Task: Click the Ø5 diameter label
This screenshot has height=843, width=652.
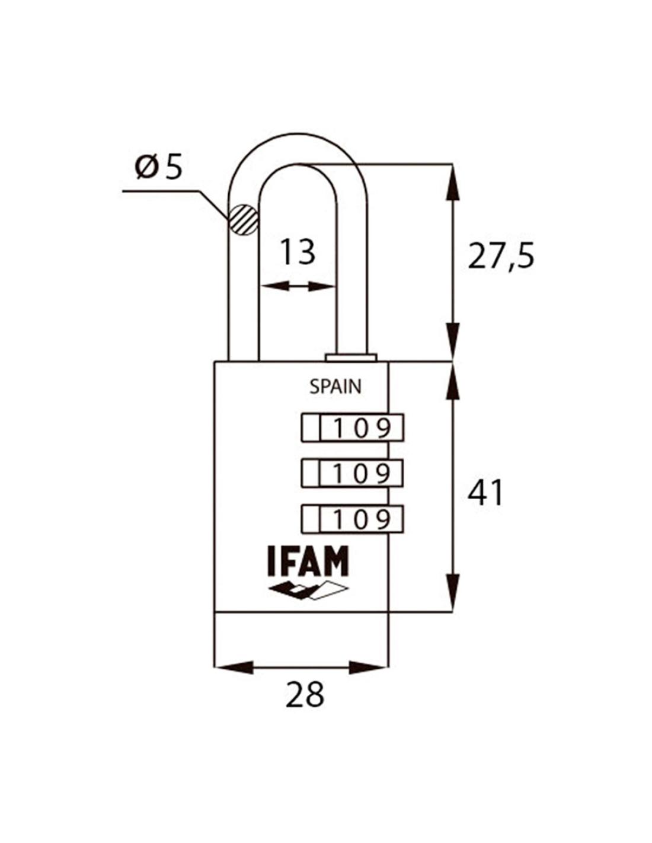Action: tap(158, 168)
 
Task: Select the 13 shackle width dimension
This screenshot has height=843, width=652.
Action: tap(297, 253)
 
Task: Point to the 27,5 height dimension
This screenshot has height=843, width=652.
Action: tap(501, 256)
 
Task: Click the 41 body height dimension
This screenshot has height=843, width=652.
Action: tap(485, 493)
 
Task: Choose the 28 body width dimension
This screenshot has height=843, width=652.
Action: tap(305, 694)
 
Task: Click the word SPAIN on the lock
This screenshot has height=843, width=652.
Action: tap(335, 387)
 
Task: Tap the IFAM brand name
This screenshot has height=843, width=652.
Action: tap(307, 561)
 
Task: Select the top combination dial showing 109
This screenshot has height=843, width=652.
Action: tap(353, 427)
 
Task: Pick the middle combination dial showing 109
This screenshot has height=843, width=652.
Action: tap(353, 474)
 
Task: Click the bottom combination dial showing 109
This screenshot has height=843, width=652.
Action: tap(353, 519)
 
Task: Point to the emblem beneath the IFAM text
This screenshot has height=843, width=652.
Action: tap(309, 590)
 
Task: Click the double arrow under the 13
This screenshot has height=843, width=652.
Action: tap(298, 286)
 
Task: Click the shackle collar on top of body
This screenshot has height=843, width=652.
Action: tap(351, 357)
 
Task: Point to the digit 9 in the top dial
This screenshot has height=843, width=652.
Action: tap(383, 427)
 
